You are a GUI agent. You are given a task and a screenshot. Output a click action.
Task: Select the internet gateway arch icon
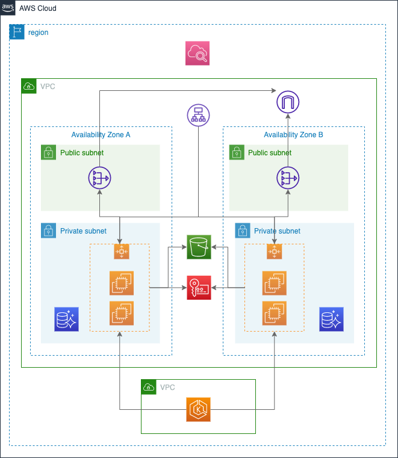coord(288,102)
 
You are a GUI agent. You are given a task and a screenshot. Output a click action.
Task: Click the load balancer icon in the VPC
coord(198,116)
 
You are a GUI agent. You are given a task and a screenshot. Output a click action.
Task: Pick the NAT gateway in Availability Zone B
coord(288,179)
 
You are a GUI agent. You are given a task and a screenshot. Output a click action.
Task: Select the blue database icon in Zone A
coord(66,320)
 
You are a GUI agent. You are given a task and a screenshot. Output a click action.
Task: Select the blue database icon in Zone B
coord(331,320)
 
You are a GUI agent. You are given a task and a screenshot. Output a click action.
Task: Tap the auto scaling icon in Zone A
coord(121,252)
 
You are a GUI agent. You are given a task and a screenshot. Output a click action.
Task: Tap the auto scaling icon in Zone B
coord(275,252)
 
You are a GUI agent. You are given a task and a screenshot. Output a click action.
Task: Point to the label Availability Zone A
coord(101,135)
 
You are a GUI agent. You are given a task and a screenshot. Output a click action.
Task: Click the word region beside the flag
coord(39,32)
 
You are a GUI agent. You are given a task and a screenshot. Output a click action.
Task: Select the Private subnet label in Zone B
coord(277,231)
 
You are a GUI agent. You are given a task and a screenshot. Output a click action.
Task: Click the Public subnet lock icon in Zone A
coord(49,153)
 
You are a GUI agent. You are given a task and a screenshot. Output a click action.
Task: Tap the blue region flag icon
coord(17,32)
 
